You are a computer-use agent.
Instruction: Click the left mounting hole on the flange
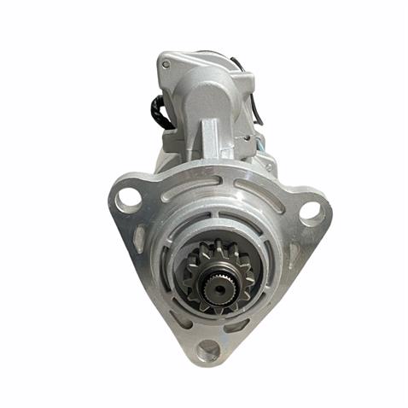[x=128, y=199]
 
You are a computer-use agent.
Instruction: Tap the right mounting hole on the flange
[x=311, y=209]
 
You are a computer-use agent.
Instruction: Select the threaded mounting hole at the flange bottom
[x=207, y=348]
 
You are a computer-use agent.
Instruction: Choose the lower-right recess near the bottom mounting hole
[x=238, y=324]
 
